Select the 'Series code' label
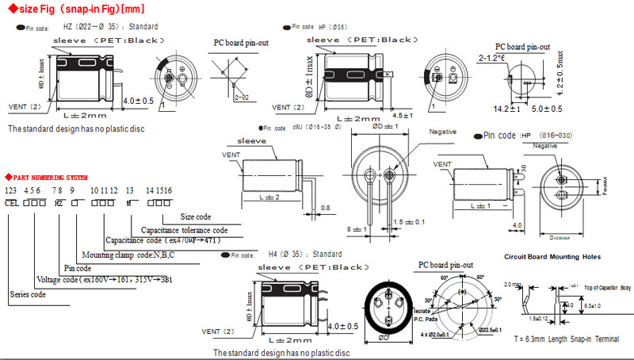[x=27, y=294]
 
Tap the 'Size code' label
[x=197, y=216]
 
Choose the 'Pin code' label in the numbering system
[x=78, y=269]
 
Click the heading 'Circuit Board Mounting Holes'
[x=552, y=257]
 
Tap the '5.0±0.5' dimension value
[x=547, y=108]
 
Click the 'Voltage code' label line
[x=103, y=281]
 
